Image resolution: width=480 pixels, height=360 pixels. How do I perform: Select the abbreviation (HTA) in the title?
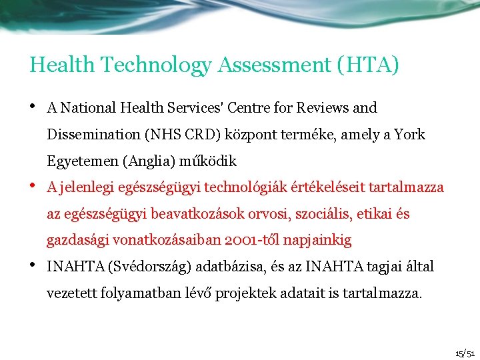369,65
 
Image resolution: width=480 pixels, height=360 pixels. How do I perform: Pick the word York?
410,135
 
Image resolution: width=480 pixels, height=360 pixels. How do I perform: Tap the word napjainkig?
319,241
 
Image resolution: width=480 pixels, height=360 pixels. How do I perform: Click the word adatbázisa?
227,267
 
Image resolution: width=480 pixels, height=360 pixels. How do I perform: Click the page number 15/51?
465,353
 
